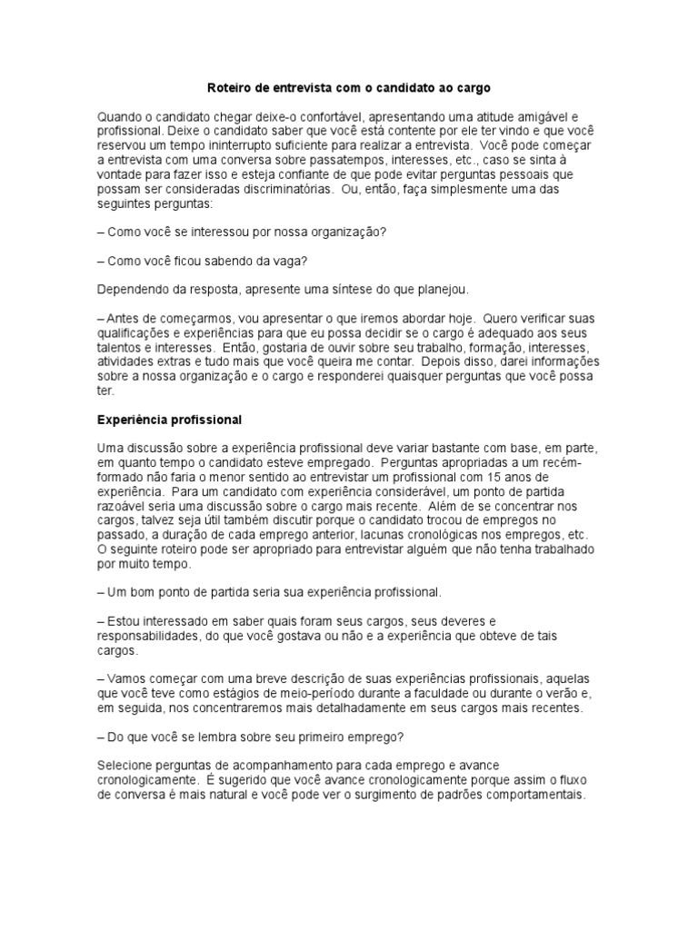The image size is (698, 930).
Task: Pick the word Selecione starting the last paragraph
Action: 128,765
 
